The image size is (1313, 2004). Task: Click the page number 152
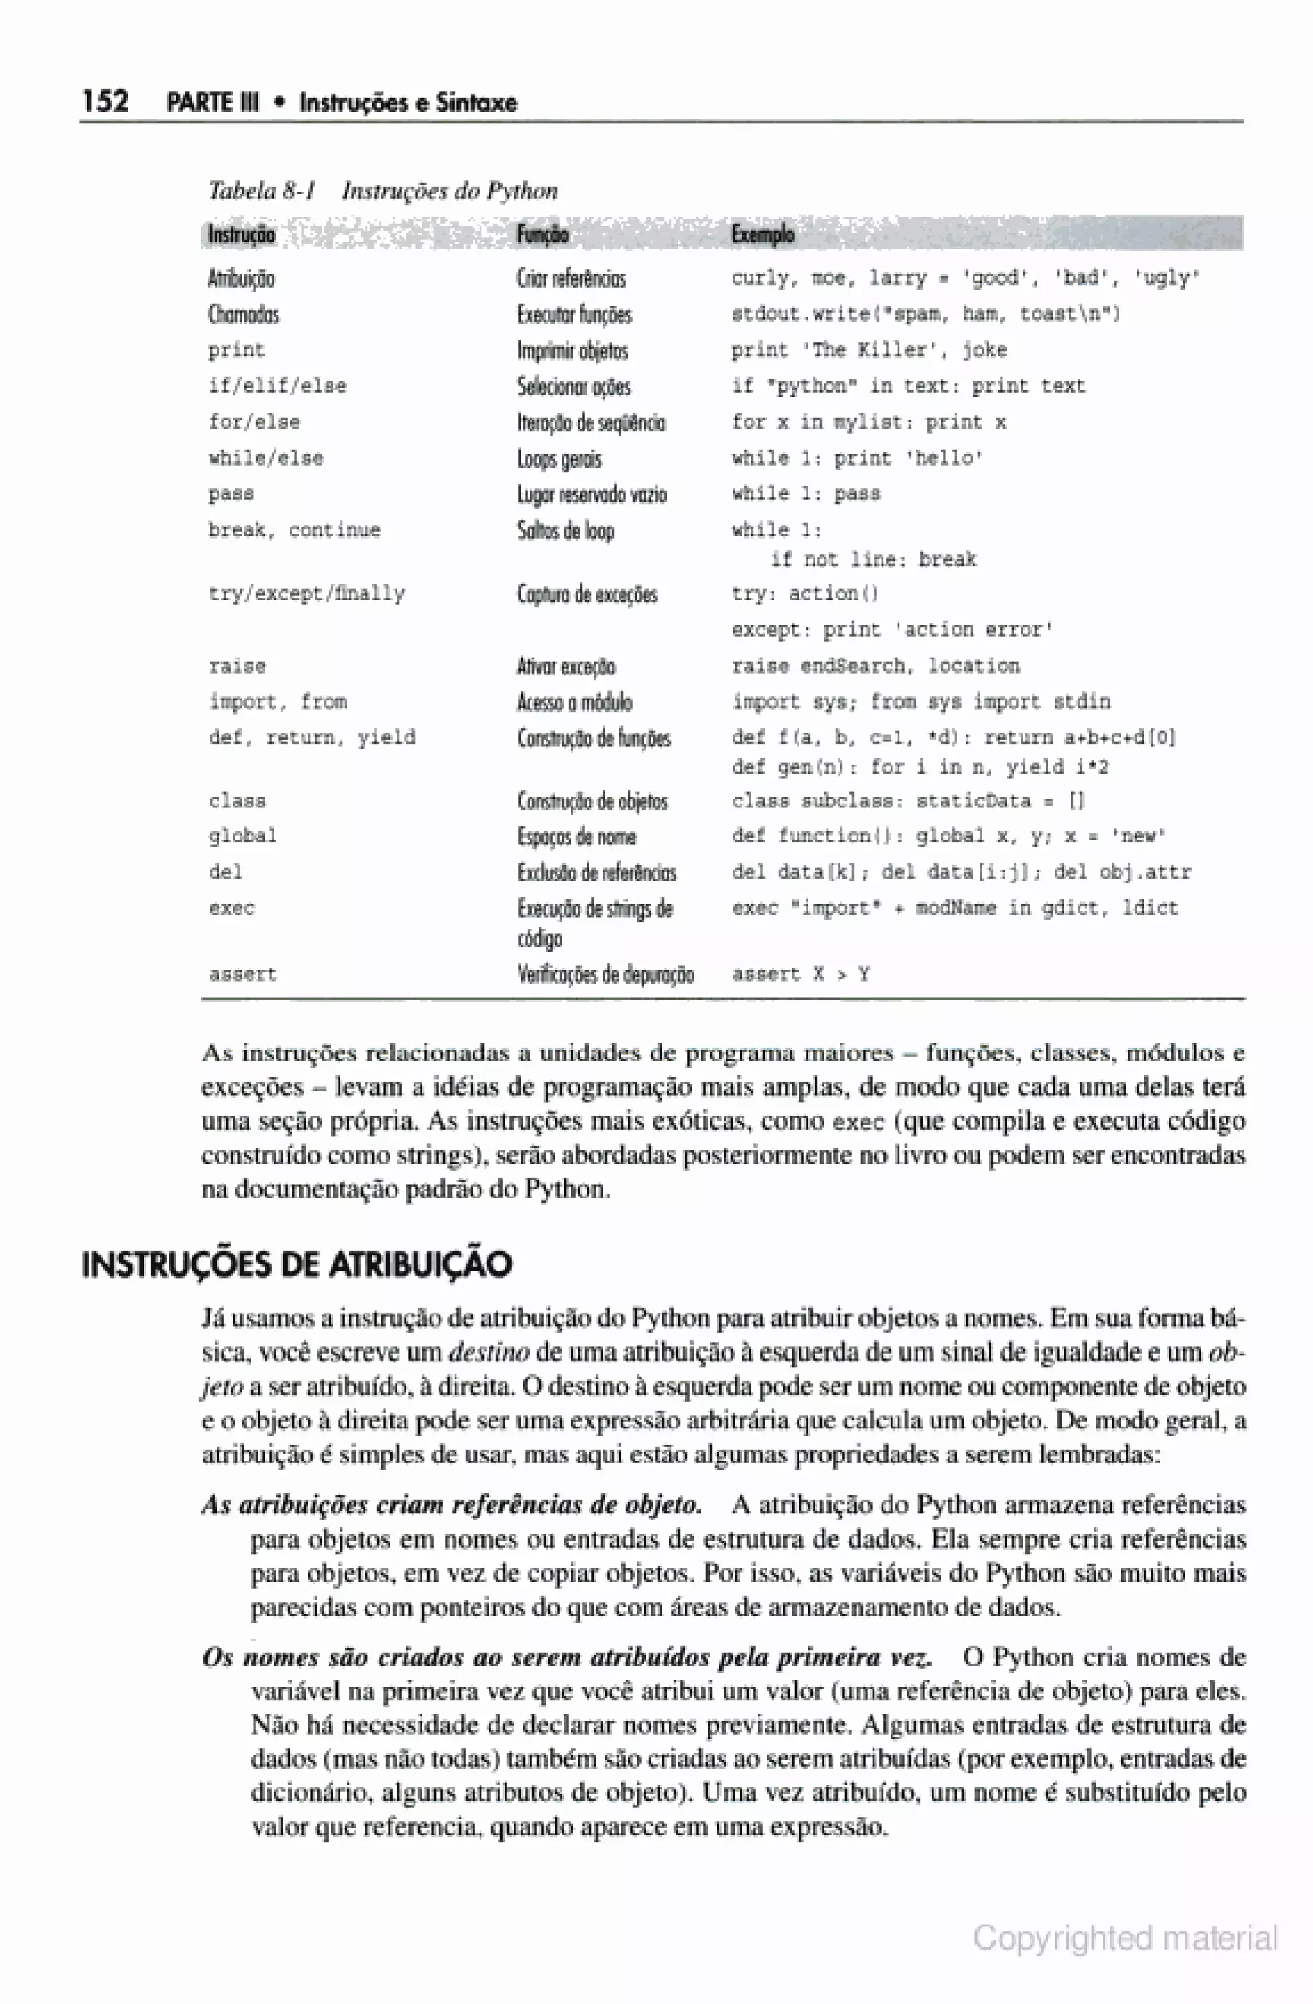pyautogui.click(x=105, y=101)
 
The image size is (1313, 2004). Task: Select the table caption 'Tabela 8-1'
pyautogui.click(x=262, y=191)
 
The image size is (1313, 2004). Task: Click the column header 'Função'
pyautogui.click(x=542, y=234)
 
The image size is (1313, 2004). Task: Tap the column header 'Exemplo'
pyautogui.click(x=762, y=234)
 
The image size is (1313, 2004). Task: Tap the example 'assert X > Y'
pyautogui.click(x=800, y=975)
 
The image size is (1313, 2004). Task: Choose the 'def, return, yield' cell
pyautogui.click(x=312, y=738)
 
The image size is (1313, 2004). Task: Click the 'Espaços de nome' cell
pyautogui.click(x=577, y=836)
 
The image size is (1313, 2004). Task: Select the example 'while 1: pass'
pyautogui.click(x=805, y=494)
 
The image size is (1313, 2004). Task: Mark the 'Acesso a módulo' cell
pyautogui.click(x=574, y=702)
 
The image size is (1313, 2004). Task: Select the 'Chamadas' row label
pyautogui.click(x=244, y=315)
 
